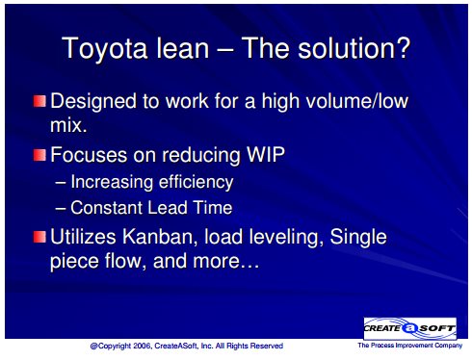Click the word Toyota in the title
(x=104, y=48)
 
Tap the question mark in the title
(x=404, y=47)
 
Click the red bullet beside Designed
(x=39, y=101)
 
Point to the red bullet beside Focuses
(x=39, y=155)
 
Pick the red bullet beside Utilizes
(x=39, y=237)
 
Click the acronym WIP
(x=266, y=155)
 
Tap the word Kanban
(x=158, y=237)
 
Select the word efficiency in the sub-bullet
(x=196, y=182)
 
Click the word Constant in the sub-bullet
(x=107, y=208)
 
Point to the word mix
(x=68, y=125)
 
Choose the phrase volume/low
(x=357, y=101)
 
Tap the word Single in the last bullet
(x=358, y=238)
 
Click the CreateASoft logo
(x=409, y=328)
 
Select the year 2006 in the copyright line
(x=143, y=346)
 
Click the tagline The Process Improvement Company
(x=410, y=346)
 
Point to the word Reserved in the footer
(x=266, y=346)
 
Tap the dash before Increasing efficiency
(x=61, y=183)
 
